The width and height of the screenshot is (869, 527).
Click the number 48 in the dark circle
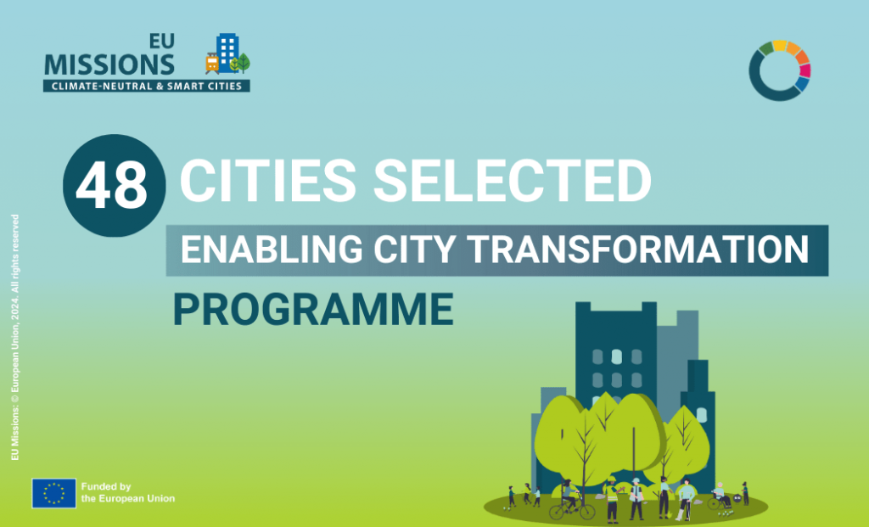click(x=112, y=186)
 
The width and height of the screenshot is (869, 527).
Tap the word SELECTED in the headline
click(x=513, y=181)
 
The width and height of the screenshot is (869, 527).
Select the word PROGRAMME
click(x=313, y=309)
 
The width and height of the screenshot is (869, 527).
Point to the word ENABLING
click(x=272, y=249)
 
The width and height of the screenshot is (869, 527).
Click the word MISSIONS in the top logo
click(x=109, y=64)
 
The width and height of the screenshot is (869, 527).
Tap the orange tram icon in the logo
click(x=212, y=63)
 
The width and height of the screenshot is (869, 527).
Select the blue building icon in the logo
click(x=227, y=52)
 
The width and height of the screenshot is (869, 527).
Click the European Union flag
click(x=53, y=493)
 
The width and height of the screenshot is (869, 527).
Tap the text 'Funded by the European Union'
click(x=128, y=493)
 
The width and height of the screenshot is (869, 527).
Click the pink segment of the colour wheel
click(x=805, y=71)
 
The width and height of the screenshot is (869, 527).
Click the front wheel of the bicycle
click(x=586, y=510)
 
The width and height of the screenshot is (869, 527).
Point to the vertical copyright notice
click(x=15, y=338)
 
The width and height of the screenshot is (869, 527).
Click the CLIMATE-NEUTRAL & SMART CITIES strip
click(x=146, y=86)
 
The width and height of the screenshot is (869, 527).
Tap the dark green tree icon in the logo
click(x=244, y=63)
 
